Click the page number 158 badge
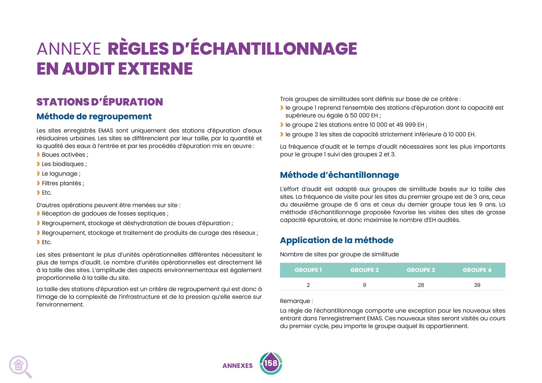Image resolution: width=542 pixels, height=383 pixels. (271, 363)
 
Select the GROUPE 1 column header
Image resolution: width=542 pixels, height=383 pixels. (308, 270)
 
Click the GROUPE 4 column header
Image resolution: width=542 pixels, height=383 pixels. (477, 270)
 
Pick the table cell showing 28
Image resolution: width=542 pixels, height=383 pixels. (421, 285)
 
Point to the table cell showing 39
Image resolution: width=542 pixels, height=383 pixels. (477, 285)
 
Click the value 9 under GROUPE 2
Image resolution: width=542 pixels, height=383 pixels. (364, 285)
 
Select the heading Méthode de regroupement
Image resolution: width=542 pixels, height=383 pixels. (94, 116)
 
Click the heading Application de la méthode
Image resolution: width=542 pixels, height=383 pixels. (337, 240)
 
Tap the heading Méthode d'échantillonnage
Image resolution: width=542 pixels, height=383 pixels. (339, 175)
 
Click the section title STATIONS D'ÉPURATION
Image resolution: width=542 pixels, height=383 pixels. (100, 102)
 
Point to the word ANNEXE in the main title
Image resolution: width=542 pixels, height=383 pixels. (69, 49)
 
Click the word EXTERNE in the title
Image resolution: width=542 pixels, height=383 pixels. (155, 69)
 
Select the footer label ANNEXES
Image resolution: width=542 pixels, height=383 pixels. (238, 366)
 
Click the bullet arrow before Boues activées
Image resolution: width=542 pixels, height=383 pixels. (38, 155)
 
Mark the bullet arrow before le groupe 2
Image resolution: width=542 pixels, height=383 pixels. (282, 125)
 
